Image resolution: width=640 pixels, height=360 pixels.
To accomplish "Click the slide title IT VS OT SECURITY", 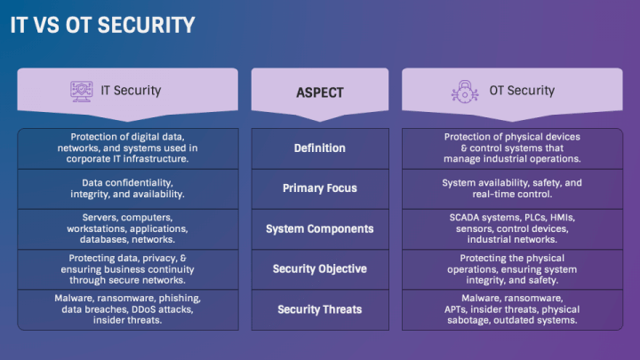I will tap(102, 25).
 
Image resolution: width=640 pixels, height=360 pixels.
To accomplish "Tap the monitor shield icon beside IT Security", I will tap(82, 91).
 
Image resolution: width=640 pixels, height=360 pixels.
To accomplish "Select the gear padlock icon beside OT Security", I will tap(465, 91).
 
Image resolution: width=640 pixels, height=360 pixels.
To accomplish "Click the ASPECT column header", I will tap(320, 92).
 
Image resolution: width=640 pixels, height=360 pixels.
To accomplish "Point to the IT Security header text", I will tap(132, 91).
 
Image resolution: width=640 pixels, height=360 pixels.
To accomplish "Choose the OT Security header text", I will tap(522, 91).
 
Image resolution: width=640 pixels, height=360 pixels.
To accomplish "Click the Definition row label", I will tap(320, 148).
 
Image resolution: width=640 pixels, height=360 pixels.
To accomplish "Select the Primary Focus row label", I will tap(320, 188).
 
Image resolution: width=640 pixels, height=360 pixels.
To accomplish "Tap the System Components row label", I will tap(320, 228).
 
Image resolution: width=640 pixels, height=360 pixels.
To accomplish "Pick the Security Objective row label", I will tap(320, 268).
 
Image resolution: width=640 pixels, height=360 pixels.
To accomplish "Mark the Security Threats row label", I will tap(320, 309).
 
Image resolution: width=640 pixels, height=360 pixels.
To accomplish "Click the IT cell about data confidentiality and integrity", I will tap(127, 188).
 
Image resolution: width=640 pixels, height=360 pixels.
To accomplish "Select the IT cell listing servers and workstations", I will tap(127, 228).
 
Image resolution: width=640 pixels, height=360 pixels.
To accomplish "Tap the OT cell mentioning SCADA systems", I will tap(513, 228).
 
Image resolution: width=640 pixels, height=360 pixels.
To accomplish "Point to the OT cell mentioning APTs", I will tap(513, 309).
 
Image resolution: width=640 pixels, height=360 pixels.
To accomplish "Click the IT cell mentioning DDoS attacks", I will tap(127, 309).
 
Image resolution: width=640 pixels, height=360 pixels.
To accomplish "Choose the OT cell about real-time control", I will tap(513, 188).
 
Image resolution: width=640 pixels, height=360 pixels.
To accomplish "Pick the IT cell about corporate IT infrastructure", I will tap(127, 148).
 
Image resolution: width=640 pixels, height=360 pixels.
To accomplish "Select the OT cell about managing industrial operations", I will tap(513, 148).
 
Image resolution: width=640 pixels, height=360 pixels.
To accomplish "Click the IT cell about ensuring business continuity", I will tap(127, 268).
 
